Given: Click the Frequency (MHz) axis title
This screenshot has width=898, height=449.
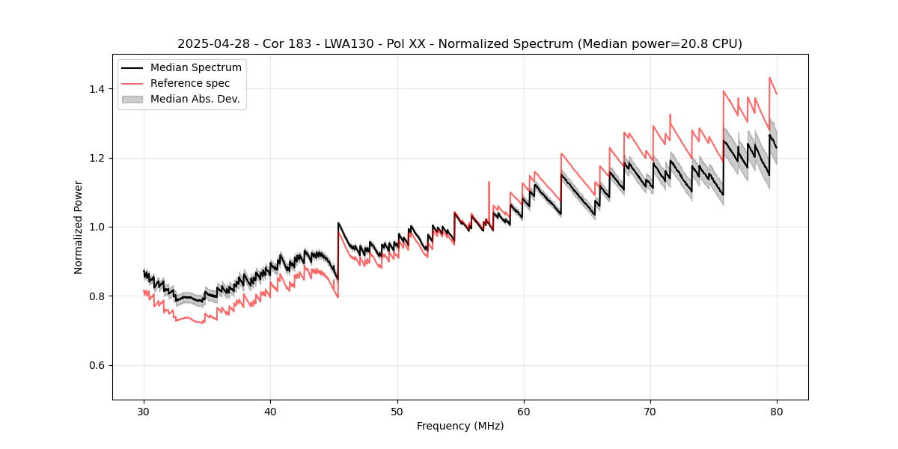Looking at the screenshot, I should pyautogui.click(x=460, y=426).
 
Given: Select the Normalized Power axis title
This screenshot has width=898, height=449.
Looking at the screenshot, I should pyautogui.click(x=79, y=227).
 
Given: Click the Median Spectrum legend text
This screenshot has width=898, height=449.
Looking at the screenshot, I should pyautogui.click(x=195, y=68).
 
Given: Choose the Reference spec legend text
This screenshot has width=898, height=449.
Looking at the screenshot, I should pyautogui.click(x=190, y=83).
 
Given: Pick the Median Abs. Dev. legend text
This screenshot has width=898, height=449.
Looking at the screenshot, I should pyautogui.click(x=195, y=99).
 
